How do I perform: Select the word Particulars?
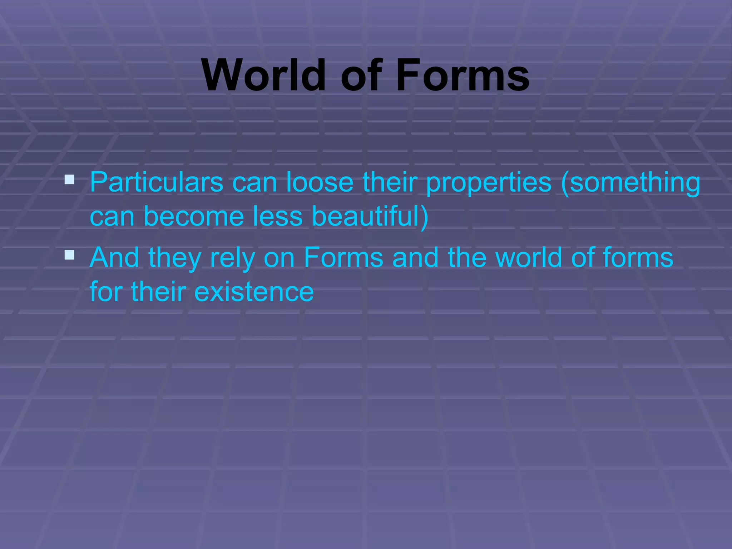click(x=157, y=182)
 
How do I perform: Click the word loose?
click(x=320, y=182)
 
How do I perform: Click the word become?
click(x=193, y=216)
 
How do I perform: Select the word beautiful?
click(x=365, y=216)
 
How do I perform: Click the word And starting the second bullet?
click(x=114, y=257)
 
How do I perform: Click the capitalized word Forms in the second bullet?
click(x=343, y=257)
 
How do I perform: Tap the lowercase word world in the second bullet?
click(x=529, y=257)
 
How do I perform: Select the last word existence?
click(x=254, y=292)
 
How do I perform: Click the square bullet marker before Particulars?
click(x=69, y=179)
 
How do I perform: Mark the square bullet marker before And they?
click(x=69, y=255)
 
